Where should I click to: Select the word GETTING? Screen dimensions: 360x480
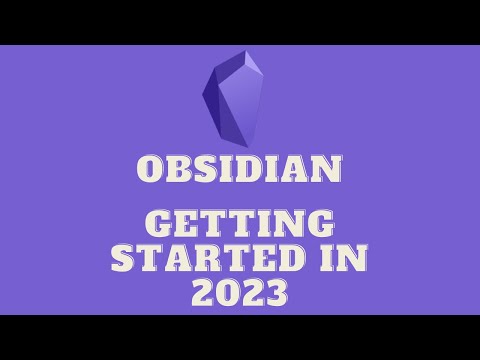[240, 223]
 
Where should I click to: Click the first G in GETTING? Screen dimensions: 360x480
[158, 223]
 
